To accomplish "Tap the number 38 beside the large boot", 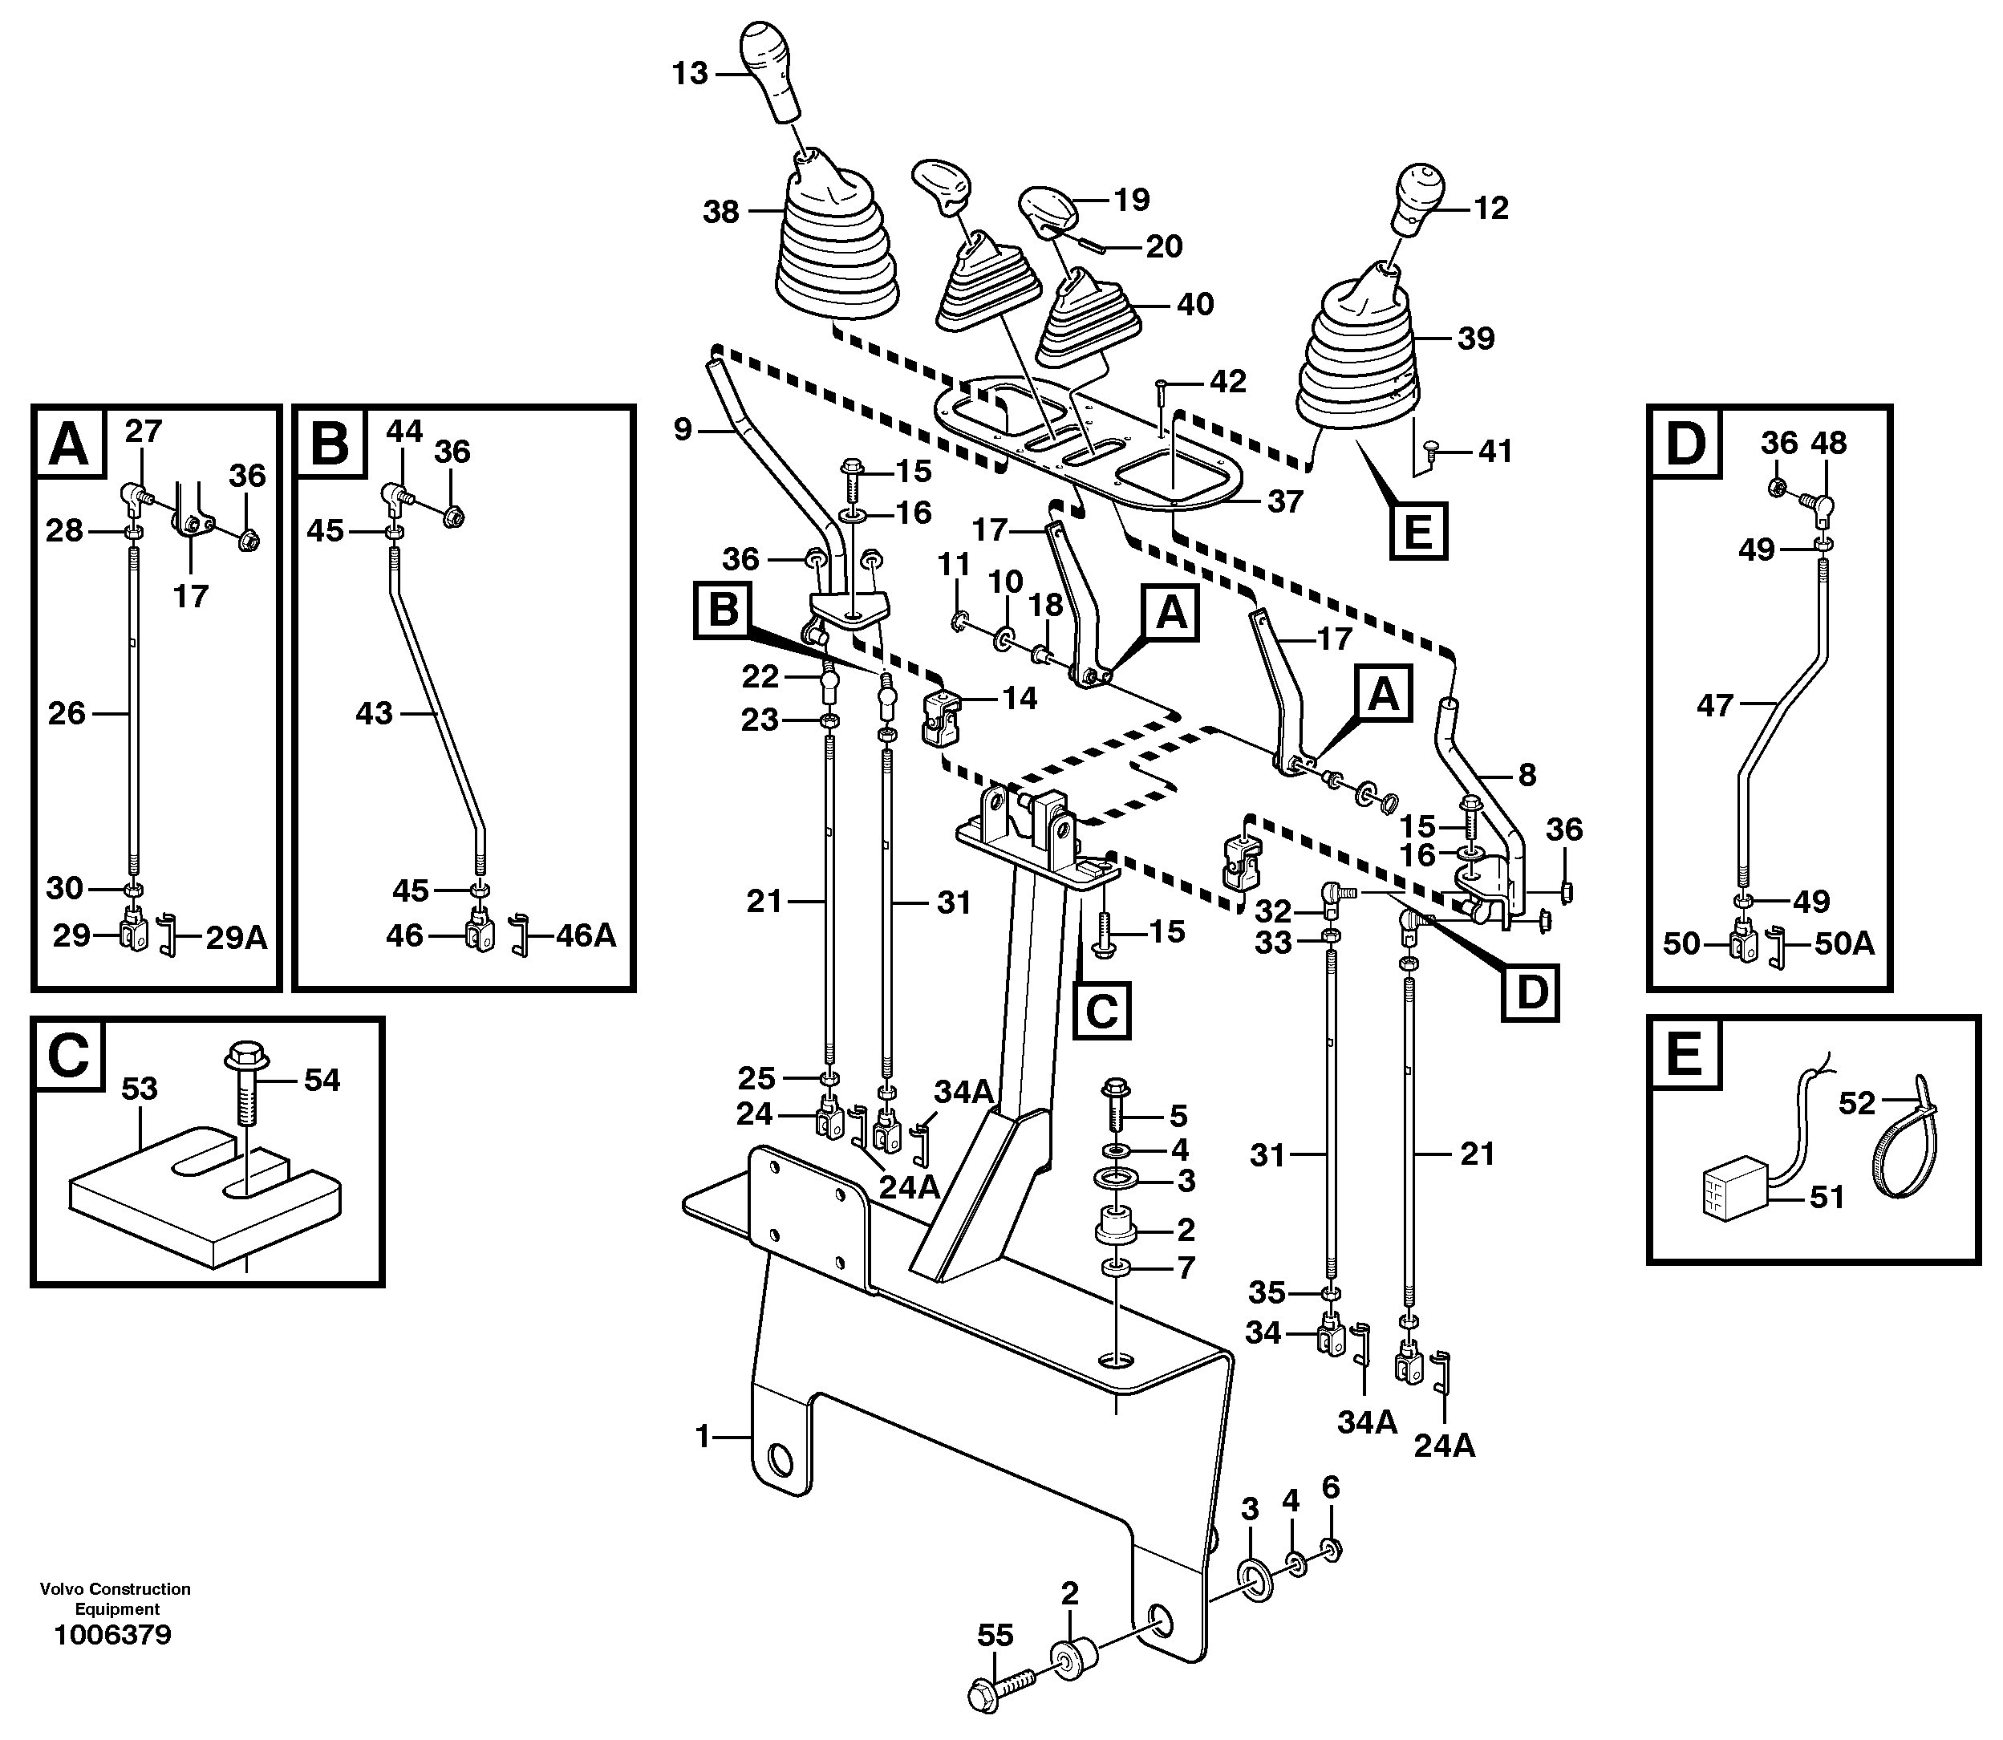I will pyautogui.click(x=721, y=212).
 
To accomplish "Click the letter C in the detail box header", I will pyautogui.click(x=68, y=1056).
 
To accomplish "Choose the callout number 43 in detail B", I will pyautogui.click(x=374, y=714).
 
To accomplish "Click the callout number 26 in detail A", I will pyautogui.click(x=67, y=714).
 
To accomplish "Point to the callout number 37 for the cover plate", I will pyautogui.click(x=1283, y=501).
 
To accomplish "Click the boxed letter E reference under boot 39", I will pyautogui.click(x=1418, y=531).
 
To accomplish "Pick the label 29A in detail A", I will pyautogui.click(x=236, y=937).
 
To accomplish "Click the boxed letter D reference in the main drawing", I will pyautogui.click(x=1531, y=992).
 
